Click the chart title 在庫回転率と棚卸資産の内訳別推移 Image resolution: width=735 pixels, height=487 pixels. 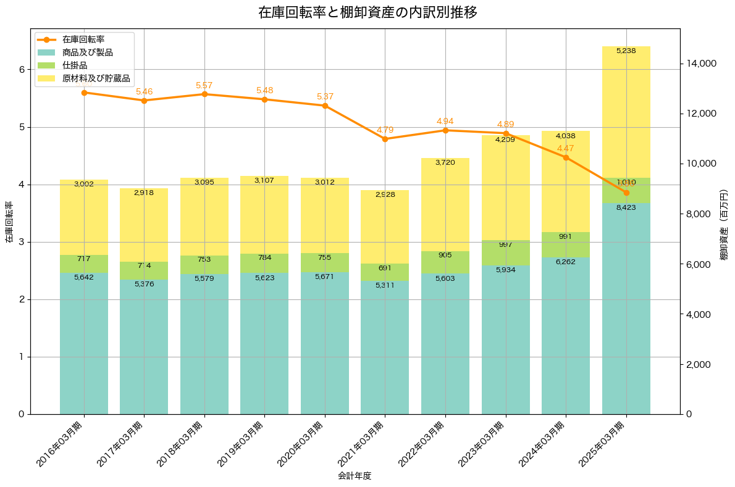[x=367, y=12]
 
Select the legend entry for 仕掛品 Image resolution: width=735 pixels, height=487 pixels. [x=75, y=65]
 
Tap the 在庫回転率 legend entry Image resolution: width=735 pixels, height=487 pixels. [x=83, y=40]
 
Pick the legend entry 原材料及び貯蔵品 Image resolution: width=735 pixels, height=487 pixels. [x=96, y=78]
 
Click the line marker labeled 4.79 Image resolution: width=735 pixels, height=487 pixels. [x=385, y=139]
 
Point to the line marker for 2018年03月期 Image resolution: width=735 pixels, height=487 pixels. [x=204, y=94]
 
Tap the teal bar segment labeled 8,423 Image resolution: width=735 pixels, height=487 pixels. [x=626, y=309]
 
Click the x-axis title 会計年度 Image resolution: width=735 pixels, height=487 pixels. [x=355, y=476]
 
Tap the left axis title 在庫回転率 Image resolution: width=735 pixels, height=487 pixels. [x=9, y=222]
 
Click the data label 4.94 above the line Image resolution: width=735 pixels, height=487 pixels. [x=445, y=121]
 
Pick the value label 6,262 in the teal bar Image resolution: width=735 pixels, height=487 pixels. [x=566, y=262]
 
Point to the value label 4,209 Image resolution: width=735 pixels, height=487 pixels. [x=506, y=139]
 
